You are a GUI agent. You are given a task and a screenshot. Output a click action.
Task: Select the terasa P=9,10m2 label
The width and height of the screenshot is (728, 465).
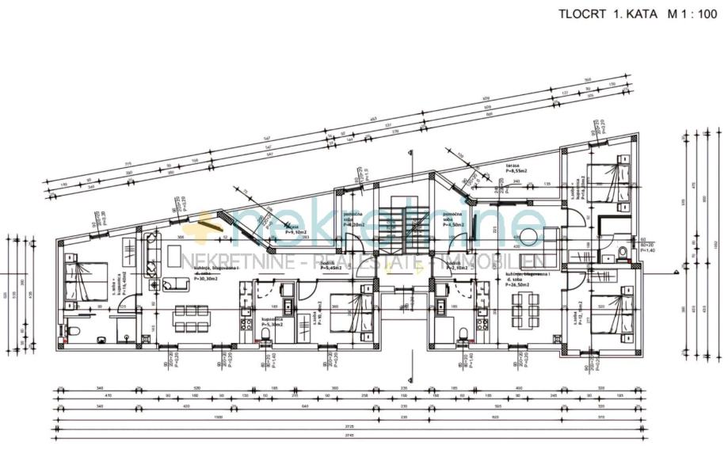click(296, 230)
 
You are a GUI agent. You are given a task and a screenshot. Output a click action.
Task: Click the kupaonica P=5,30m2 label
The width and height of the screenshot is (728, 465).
click(273, 322)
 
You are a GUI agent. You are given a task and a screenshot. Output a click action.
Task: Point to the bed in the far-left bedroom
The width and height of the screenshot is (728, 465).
click(83, 279)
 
